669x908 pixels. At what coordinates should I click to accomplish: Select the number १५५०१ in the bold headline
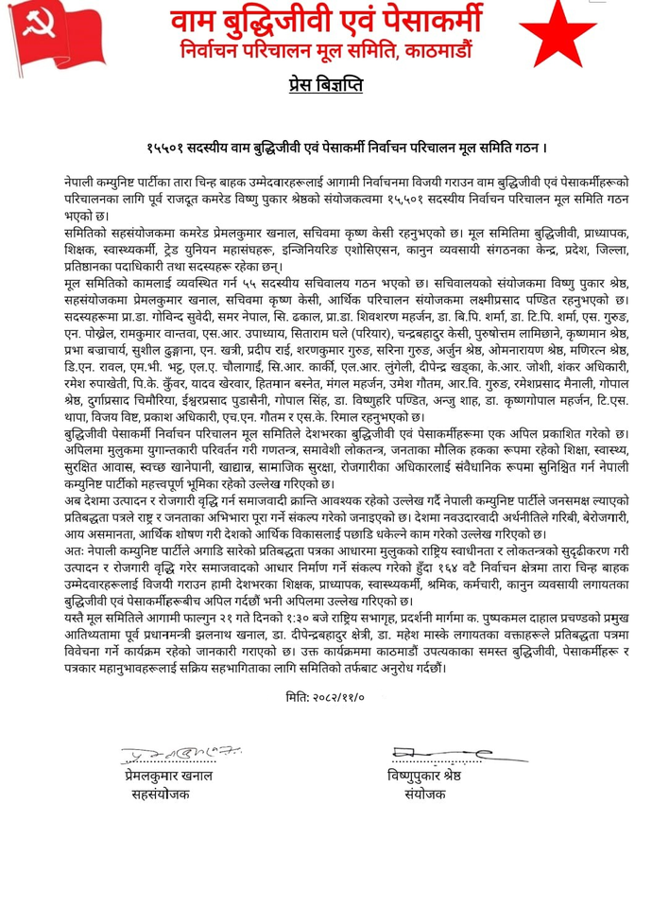(x=166, y=148)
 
